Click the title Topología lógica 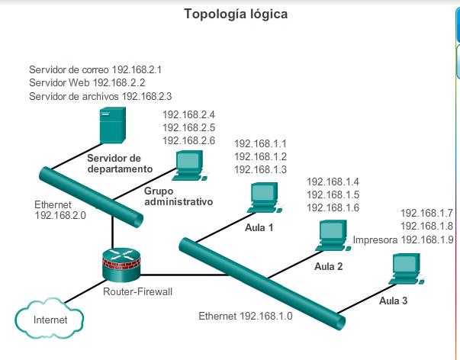(x=236, y=14)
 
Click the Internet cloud (x=49, y=318)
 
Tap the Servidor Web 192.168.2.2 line (x=87, y=82)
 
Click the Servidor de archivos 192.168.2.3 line (x=100, y=96)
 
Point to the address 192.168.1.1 (x=260, y=143)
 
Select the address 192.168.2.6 (x=189, y=141)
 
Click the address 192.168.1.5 (x=333, y=194)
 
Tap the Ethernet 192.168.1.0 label (x=246, y=316)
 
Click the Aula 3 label (x=394, y=301)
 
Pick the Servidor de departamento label (x=120, y=163)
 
